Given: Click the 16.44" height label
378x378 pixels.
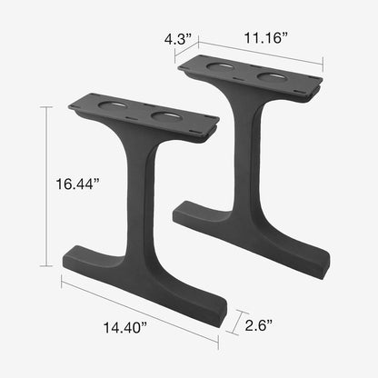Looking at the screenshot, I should (76, 184).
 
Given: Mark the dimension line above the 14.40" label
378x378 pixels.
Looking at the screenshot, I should (141, 310).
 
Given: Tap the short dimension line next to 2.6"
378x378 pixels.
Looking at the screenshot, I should (238, 322).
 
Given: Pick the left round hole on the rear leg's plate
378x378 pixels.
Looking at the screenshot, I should (220, 67).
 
